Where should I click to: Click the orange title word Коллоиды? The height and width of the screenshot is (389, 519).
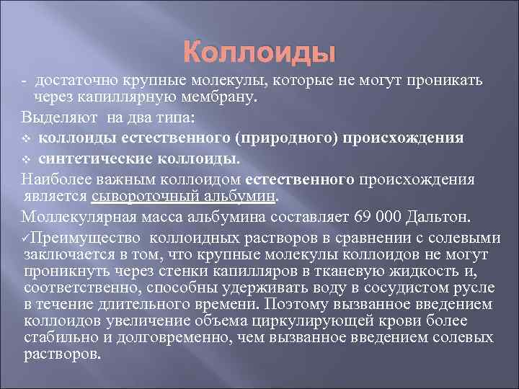pos(259,53)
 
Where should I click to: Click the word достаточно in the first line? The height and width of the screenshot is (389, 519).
pos(73,79)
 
